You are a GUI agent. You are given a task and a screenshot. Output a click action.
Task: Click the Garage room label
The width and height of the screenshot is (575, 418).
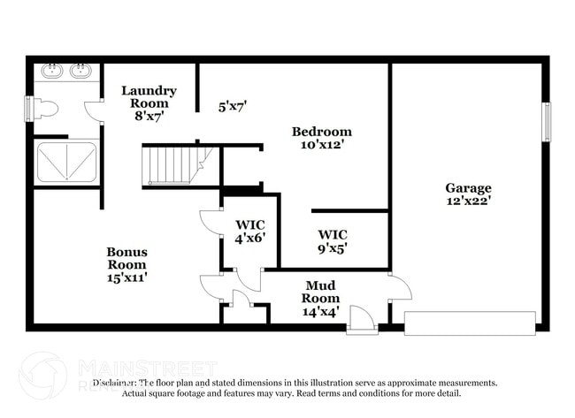468,187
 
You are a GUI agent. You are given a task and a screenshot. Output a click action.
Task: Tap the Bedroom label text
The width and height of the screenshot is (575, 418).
322,132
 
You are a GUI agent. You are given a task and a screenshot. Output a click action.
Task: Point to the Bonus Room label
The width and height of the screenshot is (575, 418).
127,258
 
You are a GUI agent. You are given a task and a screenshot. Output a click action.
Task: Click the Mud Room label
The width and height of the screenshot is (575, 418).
320,292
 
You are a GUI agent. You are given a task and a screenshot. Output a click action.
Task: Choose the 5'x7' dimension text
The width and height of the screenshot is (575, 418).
233,107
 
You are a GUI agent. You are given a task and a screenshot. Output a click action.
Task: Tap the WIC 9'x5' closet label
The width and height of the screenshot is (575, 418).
333,240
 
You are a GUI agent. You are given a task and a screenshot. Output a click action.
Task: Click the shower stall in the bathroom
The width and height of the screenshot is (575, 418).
65,162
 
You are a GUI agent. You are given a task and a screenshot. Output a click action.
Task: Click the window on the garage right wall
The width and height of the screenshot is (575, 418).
546,122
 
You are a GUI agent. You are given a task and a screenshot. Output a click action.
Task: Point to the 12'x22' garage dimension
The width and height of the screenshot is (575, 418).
468,201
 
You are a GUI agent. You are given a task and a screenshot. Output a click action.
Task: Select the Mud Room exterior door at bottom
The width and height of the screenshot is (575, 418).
362,320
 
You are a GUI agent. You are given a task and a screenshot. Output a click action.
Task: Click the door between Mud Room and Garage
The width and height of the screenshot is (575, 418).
399,287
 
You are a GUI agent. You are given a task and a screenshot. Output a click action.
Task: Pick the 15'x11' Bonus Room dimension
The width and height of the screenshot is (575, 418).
127,277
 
